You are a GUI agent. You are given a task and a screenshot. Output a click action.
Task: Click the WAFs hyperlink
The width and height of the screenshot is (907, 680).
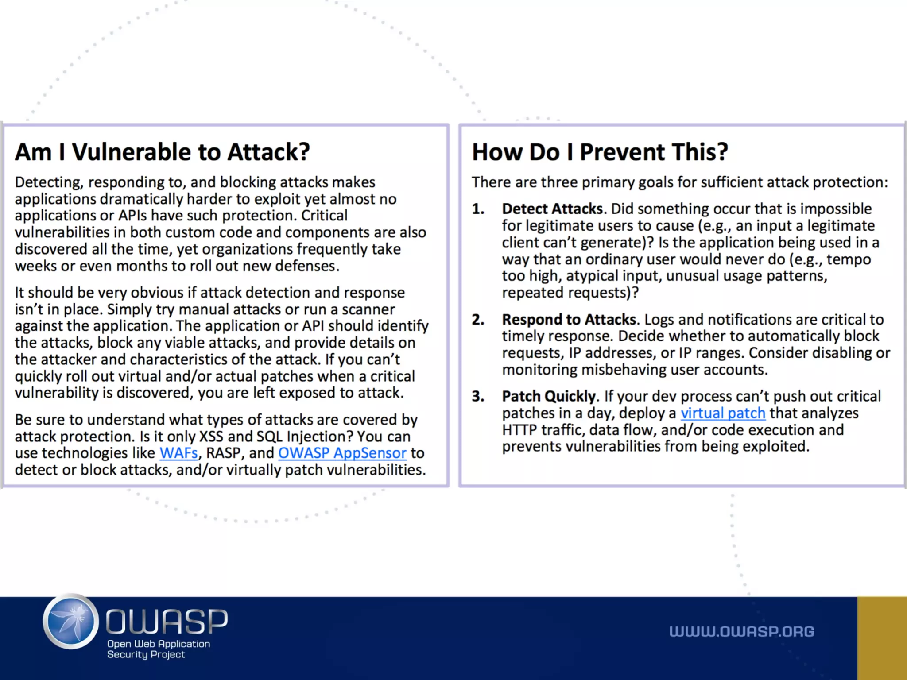point(178,453)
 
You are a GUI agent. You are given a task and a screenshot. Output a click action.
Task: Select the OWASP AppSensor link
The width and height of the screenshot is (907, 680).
point(342,453)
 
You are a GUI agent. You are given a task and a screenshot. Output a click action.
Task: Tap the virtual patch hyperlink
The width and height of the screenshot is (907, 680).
point(723,413)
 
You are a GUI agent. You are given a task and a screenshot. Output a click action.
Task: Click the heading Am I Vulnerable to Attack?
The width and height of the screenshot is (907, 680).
point(162,152)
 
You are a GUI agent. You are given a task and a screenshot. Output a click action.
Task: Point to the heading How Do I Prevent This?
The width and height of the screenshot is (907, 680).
point(600,152)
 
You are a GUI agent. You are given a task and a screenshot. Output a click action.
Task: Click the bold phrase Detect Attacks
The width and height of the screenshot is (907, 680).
point(552,209)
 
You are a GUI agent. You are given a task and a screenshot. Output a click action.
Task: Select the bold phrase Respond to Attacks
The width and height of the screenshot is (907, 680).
point(569,319)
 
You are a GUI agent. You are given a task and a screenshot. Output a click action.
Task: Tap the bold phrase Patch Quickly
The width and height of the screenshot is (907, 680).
point(549,396)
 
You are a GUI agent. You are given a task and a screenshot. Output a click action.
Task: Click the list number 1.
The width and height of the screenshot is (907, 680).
point(478,209)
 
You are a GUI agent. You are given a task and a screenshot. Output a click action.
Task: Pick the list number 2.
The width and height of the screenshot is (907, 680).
point(478,319)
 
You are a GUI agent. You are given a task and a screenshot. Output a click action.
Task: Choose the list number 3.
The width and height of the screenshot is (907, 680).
point(478,396)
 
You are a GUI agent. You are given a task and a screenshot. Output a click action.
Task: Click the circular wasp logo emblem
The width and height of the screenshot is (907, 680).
point(71,621)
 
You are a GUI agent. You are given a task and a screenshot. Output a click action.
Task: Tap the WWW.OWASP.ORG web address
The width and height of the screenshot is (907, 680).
point(741,631)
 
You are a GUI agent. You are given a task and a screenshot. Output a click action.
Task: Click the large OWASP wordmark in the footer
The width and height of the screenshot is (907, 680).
point(167,621)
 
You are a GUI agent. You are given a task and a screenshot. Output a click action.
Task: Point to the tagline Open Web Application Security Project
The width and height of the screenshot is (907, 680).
point(158,649)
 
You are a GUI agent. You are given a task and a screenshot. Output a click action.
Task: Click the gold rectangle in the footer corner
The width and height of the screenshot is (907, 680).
point(882,638)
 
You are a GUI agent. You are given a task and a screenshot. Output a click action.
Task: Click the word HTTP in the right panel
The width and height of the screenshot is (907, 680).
point(519,430)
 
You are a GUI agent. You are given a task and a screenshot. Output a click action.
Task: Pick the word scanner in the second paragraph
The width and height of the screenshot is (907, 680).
point(368,309)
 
